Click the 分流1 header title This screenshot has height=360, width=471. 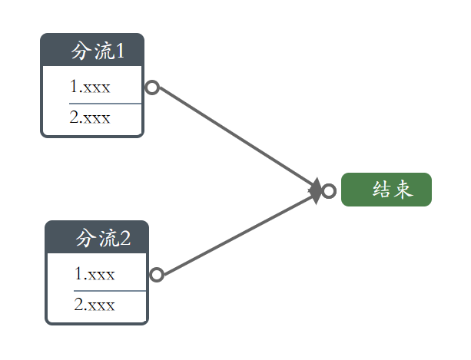[97, 51]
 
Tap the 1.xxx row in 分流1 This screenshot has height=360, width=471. [89, 86]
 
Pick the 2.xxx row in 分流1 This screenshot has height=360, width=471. [89, 117]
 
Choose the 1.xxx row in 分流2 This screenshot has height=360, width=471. [95, 273]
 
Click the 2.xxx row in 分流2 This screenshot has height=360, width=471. [95, 305]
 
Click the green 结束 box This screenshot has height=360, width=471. [386, 190]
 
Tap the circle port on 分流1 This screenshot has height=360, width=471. [152, 88]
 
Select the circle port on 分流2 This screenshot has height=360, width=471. [156, 275]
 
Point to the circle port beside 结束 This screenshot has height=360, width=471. [329, 190]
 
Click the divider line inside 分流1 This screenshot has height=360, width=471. [104, 102]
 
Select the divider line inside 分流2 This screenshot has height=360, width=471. [109, 291]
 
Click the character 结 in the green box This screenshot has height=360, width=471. [382, 190]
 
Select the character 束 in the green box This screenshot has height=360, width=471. [404, 190]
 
